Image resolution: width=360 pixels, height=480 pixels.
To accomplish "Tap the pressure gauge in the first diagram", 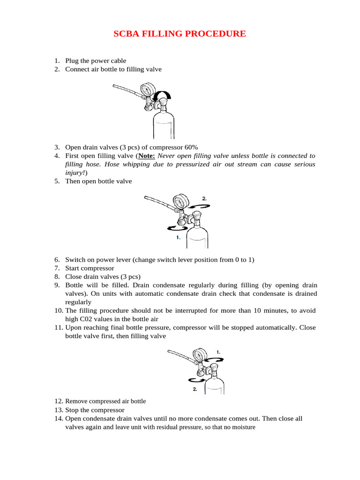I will tap(148, 90).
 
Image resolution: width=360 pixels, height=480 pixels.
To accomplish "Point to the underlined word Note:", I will tap(146, 155).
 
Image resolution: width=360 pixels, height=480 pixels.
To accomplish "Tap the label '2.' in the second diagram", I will tap(204, 199).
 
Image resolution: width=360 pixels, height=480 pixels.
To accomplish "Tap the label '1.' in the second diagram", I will tap(178, 238).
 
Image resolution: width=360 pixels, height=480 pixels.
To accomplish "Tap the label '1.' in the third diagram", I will tap(218, 352).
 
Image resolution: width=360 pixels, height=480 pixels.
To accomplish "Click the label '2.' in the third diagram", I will tap(195, 389).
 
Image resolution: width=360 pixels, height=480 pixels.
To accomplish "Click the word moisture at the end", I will tap(242, 427).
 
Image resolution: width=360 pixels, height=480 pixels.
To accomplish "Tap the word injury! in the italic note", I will tap(75, 172).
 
